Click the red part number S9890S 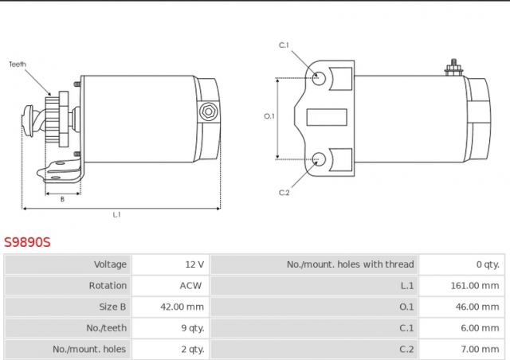(27, 242)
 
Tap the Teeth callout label (18, 64)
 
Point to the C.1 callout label (284, 45)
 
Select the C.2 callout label (284, 193)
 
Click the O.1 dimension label (269, 115)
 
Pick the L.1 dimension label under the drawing (117, 214)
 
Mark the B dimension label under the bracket (62, 199)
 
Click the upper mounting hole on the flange (319, 78)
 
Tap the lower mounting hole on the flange (319, 159)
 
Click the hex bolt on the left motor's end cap (208, 112)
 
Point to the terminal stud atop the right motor (453, 68)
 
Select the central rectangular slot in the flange (327, 117)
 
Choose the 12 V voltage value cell (194, 264)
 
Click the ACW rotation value (190, 285)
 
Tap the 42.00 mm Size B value (182, 307)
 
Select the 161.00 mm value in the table (475, 285)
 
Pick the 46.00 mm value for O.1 (477, 307)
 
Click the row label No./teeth (106, 328)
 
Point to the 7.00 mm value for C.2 (480, 349)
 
